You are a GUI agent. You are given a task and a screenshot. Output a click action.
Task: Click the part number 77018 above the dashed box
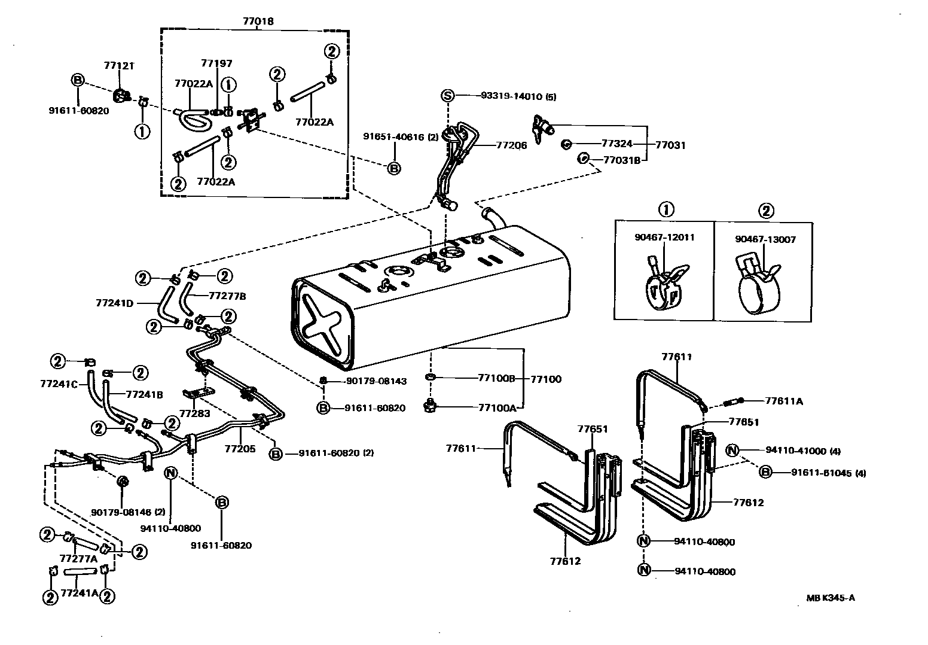click(x=258, y=21)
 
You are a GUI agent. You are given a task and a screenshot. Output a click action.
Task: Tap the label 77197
click(x=216, y=63)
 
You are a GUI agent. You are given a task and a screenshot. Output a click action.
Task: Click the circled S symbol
click(x=448, y=96)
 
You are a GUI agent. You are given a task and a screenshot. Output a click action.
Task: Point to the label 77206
click(x=511, y=145)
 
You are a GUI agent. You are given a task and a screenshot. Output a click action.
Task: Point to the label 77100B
click(x=496, y=378)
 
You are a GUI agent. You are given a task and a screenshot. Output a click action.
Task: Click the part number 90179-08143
click(x=376, y=381)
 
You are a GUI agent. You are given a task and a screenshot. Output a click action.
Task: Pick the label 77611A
click(x=784, y=401)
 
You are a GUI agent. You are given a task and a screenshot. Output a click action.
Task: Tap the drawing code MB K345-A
click(x=830, y=597)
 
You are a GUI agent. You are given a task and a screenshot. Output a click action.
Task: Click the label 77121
click(x=119, y=65)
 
